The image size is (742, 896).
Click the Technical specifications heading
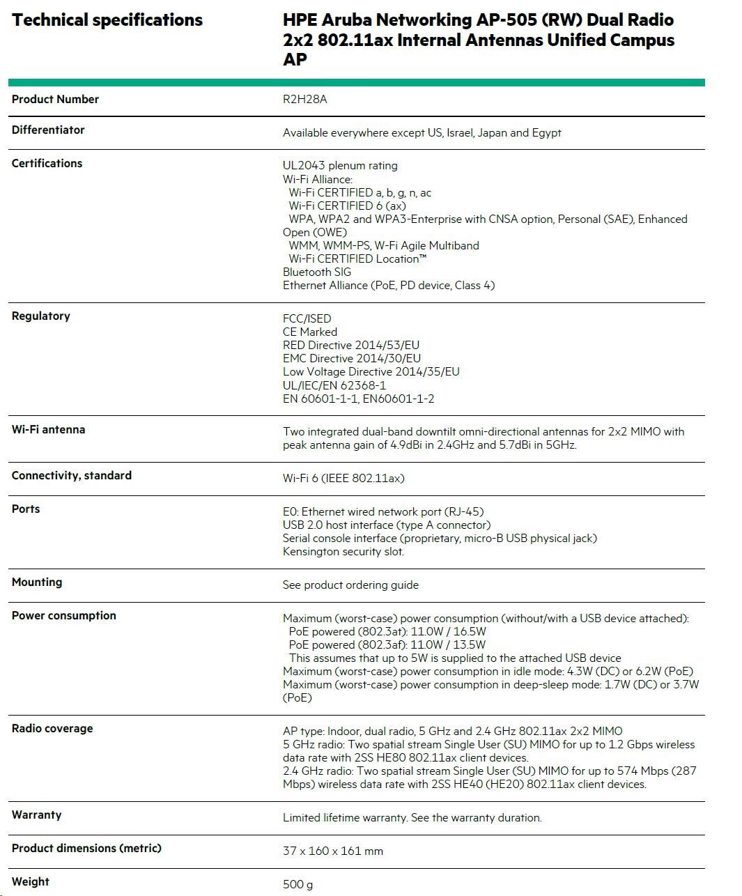click(107, 20)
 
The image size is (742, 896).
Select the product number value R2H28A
click(304, 100)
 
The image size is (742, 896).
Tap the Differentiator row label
click(48, 130)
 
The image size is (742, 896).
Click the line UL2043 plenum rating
click(340, 166)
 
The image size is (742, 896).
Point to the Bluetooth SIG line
click(317, 272)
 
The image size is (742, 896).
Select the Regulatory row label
click(41, 316)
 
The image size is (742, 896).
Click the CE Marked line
click(310, 332)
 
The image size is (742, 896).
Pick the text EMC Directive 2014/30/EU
click(352, 359)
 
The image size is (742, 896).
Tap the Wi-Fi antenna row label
click(49, 430)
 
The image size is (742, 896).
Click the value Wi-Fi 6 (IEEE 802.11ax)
click(343, 479)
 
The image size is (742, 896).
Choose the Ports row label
click(26, 509)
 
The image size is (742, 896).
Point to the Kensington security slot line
click(343, 552)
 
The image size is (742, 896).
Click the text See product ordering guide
click(350, 585)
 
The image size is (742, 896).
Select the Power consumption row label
click(64, 616)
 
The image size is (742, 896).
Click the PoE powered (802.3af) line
click(387, 645)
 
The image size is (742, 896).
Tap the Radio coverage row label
click(52, 729)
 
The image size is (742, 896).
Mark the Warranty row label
click(37, 815)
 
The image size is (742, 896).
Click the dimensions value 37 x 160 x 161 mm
click(333, 851)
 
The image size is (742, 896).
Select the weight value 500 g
click(297, 885)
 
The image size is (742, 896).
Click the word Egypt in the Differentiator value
click(546, 133)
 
